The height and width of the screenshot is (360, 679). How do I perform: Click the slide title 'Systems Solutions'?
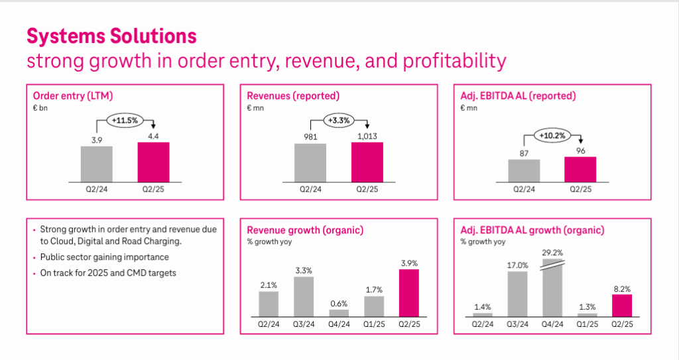pyautogui.click(x=111, y=35)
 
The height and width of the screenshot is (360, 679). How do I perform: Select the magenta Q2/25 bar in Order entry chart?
pyautogui.click(x=153, y=161)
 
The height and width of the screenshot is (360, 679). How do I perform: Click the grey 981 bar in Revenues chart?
pyautogui.click(x=310, y=161)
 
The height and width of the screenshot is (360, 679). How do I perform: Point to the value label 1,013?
pyautogui.click(x=367, y=136)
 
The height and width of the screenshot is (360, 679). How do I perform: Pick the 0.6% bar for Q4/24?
pyautogui.click(x=339, y=312)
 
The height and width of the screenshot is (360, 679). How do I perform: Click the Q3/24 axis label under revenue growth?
pyautogui.click(x=304, y=325)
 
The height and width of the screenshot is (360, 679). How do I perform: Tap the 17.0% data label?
pyautogui.click(x=517, y=265)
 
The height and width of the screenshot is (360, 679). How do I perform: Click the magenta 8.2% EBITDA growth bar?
pyautogui.click(x=622, y=305)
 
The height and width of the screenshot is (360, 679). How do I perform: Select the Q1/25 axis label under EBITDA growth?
pyautogui.click(x=587, y=325)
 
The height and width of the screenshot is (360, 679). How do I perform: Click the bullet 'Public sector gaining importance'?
pyautogui.click(x=105, y=257)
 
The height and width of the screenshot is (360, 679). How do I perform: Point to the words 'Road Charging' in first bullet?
pyautogui.click(x=133, y=241)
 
